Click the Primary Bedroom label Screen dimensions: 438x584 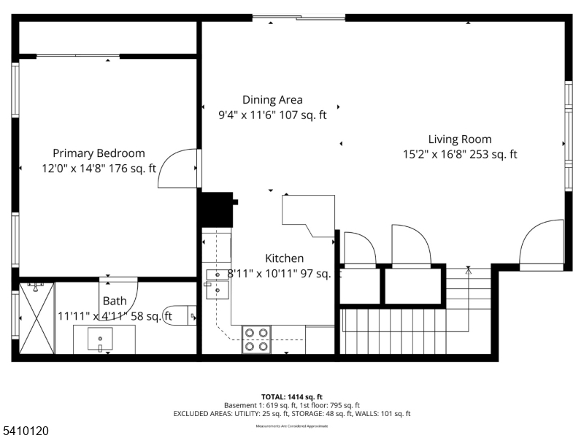tap(99, 153)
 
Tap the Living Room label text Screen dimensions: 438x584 tap(459, 139)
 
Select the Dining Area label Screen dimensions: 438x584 tap(272, 100)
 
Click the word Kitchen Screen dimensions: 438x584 tap(284, 258)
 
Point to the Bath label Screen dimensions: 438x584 tap(114, 301)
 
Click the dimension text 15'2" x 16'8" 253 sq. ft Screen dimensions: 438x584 tap(459, 154)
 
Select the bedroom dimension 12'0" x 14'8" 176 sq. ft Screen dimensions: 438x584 tap(99, 168)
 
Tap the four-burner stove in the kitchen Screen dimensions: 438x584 tap(255, 339)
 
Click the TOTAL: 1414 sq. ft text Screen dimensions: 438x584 tap(291, 396)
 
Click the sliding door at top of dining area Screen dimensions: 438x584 tap(299, 18)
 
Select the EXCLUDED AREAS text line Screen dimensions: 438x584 tap(291, 413)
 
